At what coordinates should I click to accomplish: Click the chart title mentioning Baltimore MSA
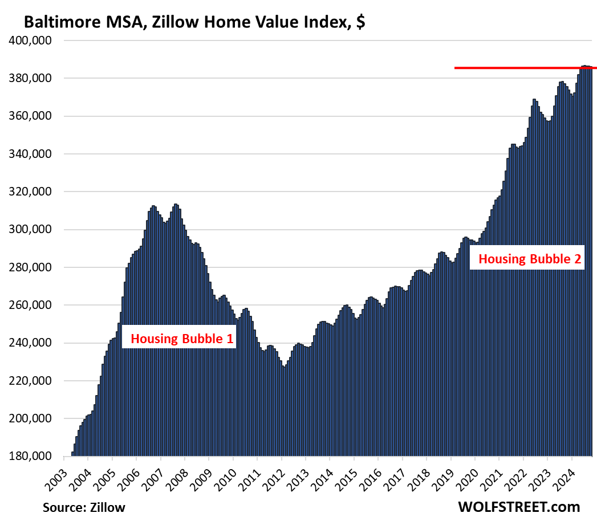(194, 23)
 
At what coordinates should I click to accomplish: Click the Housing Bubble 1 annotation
(182, 339)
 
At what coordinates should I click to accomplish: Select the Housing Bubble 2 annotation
(529, 259)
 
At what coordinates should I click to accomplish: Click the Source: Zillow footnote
(84, 507)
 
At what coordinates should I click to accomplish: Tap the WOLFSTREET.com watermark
(518, 506)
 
